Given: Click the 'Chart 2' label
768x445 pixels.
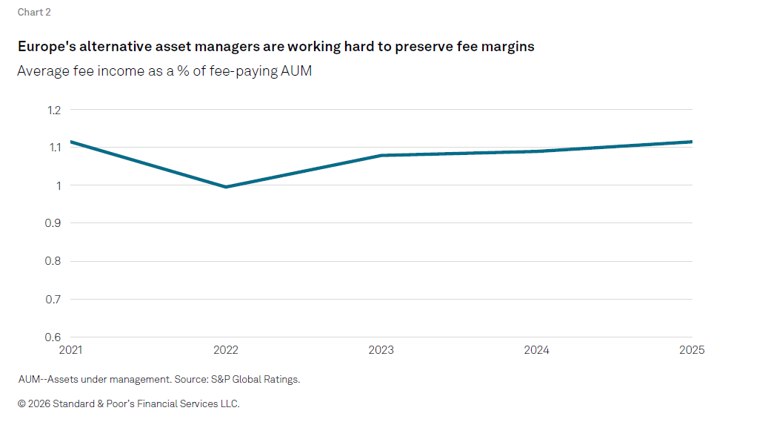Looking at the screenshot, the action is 34,13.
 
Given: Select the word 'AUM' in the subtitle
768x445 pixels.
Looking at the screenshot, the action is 295,71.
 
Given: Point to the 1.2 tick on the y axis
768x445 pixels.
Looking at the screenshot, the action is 54,111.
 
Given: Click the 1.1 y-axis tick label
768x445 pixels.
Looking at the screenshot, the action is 55,148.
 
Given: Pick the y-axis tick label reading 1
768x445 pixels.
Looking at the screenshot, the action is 59,186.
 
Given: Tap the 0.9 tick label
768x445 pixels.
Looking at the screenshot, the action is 53,223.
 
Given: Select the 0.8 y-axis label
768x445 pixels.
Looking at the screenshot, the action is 53,261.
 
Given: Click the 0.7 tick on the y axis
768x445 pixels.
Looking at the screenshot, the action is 53,300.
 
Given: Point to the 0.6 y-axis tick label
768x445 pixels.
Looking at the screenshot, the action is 53,337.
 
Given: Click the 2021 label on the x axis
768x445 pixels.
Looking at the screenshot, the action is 70,350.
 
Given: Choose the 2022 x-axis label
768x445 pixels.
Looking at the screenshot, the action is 226,350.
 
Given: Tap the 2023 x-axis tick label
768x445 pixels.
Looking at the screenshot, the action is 381,350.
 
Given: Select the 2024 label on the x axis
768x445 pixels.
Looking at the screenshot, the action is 537,350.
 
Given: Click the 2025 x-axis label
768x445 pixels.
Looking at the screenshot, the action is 692,350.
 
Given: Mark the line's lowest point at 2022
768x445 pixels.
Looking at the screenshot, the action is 226,187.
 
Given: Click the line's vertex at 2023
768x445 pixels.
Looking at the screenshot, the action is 381,156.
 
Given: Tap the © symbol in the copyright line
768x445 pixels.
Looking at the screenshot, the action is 21,403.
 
